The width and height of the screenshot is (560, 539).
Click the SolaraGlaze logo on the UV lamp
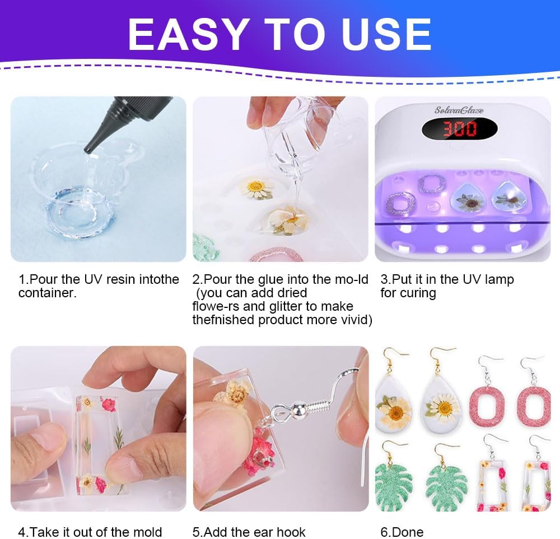459,110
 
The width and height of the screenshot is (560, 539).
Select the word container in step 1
46,293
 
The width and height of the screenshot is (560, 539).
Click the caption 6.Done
402,532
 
